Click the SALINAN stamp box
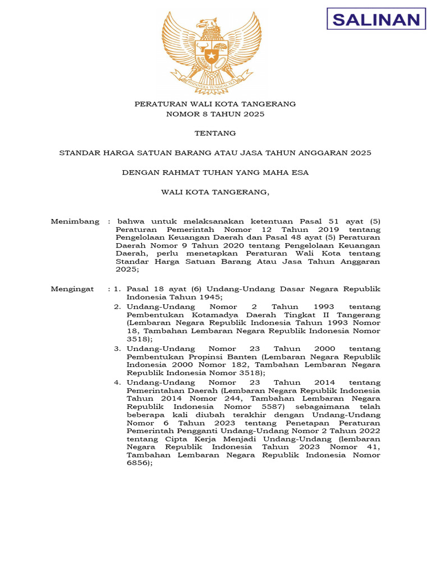(x=375, y=20)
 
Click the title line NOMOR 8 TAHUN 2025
(x=215, y=114)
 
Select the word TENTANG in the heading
(x=215, y=133)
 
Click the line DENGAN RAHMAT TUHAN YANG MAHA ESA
(x=215, y=172)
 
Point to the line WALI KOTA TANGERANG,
(x=215, y=192)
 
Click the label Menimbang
(x=75, y=221)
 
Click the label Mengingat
(x=72, y=289)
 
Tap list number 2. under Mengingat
(x=117, y=307)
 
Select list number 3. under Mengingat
(x=117, y=349)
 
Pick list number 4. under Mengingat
(x=117, y=382)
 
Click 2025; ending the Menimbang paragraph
(x=126, y=270)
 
